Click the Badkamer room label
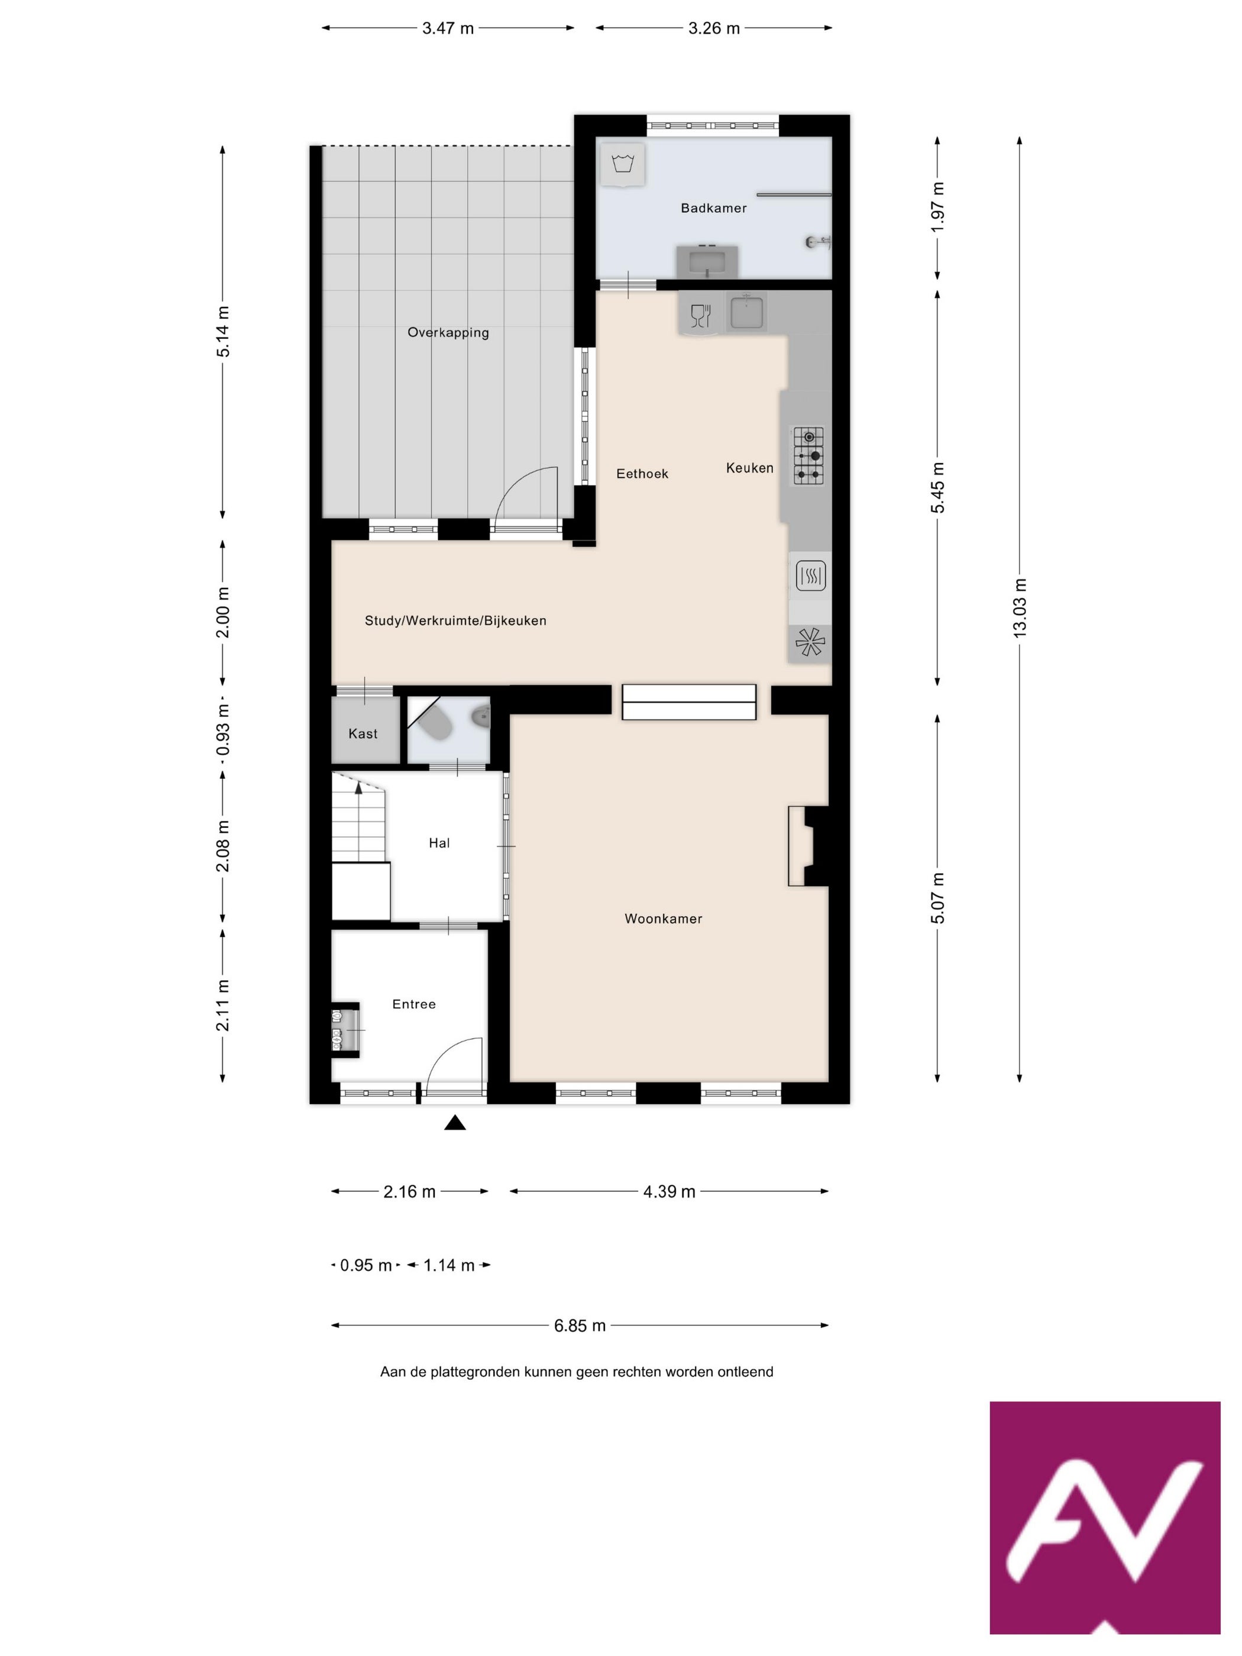coord(713,208)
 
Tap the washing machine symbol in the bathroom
coord(622,163)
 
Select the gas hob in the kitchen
coord(808,455)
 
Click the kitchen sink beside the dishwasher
coord(746,312)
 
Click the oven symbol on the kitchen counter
coord(811,575)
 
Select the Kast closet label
coord(363,734)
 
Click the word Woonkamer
coord(664,918)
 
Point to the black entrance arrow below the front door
coord(455,1123)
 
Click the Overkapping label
coord(448,332)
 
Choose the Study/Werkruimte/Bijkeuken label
coord(455,620)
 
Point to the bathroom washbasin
coord(707,262)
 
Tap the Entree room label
coord(414,1004)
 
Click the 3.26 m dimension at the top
coord(714,28)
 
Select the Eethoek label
coord(642,474)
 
